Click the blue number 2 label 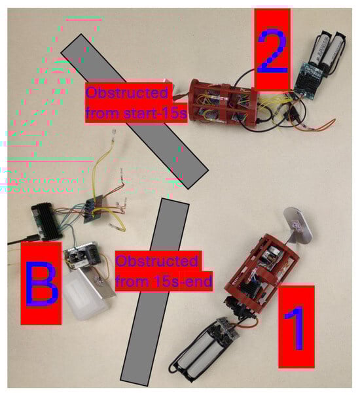[272, 51]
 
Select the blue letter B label [41, 284]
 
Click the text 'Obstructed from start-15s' [136, 103]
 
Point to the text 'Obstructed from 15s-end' [164, 271]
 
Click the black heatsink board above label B [46, 221]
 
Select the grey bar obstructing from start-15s [134, 111]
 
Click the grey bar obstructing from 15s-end [155, 292]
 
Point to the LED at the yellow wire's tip [114, 133]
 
